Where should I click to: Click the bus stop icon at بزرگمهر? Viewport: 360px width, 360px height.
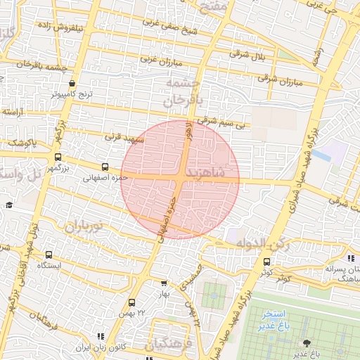[x=58, y=157]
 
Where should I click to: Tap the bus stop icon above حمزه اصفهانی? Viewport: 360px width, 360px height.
[x=105, y=167]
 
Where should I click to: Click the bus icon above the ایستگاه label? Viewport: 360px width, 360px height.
[x=49, y=255]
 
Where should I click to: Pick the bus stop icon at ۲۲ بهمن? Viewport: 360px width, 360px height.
[x=131, y=302]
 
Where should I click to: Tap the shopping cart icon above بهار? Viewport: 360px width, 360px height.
[x=164, y=283]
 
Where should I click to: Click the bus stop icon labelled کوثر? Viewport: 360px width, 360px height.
[x=266, y=262]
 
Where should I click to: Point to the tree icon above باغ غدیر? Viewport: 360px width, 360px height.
[x=306, y=342]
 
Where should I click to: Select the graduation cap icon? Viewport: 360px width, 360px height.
[x=9, y=205]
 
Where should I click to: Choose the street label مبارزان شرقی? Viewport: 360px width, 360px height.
[x=279, y=80]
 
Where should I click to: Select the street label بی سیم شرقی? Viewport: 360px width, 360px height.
[x=222, y=124]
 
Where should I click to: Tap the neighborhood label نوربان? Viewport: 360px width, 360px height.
[x=84, y=227]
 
